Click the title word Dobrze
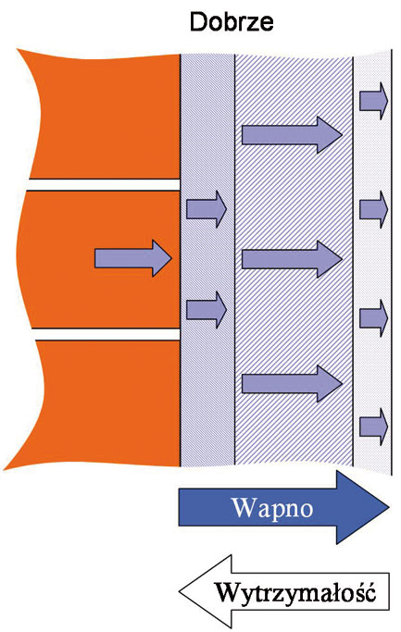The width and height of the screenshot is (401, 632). [x=232, y=22]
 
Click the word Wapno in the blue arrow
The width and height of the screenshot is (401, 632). [x=272, y=507]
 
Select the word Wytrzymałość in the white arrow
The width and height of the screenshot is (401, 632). [x=295, y=593]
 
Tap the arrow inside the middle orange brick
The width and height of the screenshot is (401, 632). [x=133, y=258]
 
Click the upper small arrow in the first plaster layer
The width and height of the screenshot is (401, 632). [x=207, y=209]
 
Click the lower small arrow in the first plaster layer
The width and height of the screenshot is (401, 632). [x=207, y=310]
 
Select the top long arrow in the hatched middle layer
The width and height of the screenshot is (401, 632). [x=292, y=134]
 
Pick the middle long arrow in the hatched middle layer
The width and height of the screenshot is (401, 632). [x=292, y=259]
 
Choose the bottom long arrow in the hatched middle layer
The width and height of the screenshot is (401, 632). [x=292, y=383]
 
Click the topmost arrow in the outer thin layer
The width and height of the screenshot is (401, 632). [x=373, y=101]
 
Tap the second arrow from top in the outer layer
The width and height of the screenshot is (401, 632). [x=373, y=210]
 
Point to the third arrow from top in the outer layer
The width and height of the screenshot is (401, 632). [x=373, y=318]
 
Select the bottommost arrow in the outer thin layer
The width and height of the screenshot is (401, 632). [x=373, y=427]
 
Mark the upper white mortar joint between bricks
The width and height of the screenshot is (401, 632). [x=104, y=184]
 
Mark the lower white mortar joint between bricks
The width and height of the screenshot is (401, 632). [x=106, y=334]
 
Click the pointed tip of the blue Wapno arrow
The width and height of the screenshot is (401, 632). [x=389, y=507]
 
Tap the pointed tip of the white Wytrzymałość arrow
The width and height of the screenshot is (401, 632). [x=179, y=591]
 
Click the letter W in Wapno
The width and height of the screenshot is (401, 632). [x=244, y=507]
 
